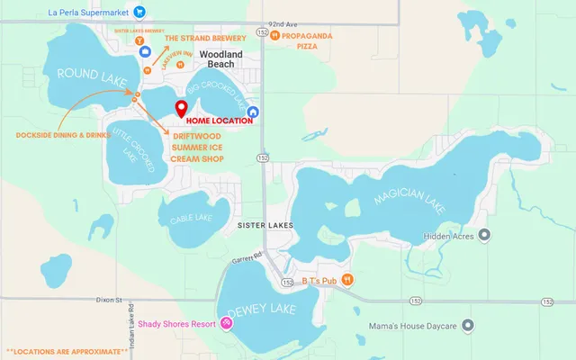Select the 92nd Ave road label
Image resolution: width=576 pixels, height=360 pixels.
point(283,24)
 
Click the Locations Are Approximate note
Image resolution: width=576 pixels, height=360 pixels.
point(66,350)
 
